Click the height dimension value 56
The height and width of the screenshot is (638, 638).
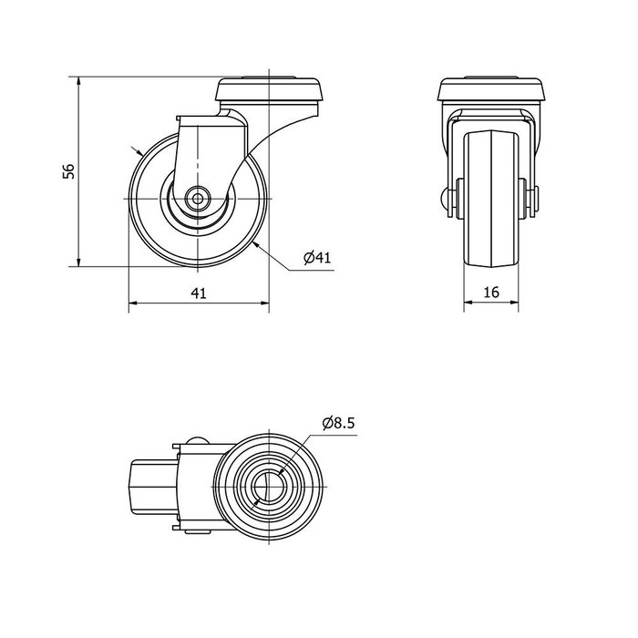(x=68, y=171)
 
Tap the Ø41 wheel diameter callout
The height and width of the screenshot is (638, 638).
(x=317, y=257)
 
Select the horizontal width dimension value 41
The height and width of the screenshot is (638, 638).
(x=199, y=293)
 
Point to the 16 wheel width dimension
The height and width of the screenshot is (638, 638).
(x=491, y=293)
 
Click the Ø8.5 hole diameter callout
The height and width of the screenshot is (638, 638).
(x=338, y=423)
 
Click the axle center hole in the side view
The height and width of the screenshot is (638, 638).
(x=198, y=199)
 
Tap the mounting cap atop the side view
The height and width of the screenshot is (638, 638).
(x=270, y=89)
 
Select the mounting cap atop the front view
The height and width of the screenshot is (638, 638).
(x=491, y=88)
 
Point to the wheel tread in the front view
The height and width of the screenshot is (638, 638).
(x=491, y=199)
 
